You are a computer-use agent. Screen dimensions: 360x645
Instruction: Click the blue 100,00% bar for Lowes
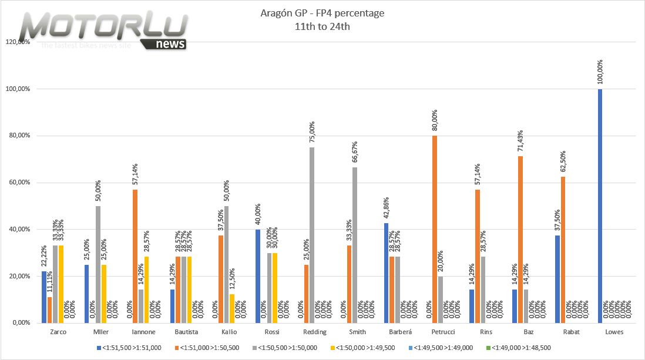click(x=600, y=206)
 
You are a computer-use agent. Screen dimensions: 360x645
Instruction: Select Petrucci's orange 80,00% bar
click(x=435, y=229)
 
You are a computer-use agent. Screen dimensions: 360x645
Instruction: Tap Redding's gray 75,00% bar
click(x=312, y=235)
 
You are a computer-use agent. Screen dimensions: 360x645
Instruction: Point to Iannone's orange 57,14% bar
click(x=135, y=256)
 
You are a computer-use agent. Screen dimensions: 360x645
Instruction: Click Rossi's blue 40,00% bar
click(x=257, y=276)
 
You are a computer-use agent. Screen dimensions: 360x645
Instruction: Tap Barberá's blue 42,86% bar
click(x=385, y=272)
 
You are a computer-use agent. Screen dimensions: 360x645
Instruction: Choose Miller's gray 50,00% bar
click(x=98, y=264)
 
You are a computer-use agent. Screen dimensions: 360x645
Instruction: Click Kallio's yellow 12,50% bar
click(x=232, y=308)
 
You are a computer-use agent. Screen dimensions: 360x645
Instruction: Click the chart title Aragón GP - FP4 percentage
click(x=322, y=13)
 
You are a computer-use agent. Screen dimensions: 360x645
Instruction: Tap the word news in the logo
click(x=171, y=44)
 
